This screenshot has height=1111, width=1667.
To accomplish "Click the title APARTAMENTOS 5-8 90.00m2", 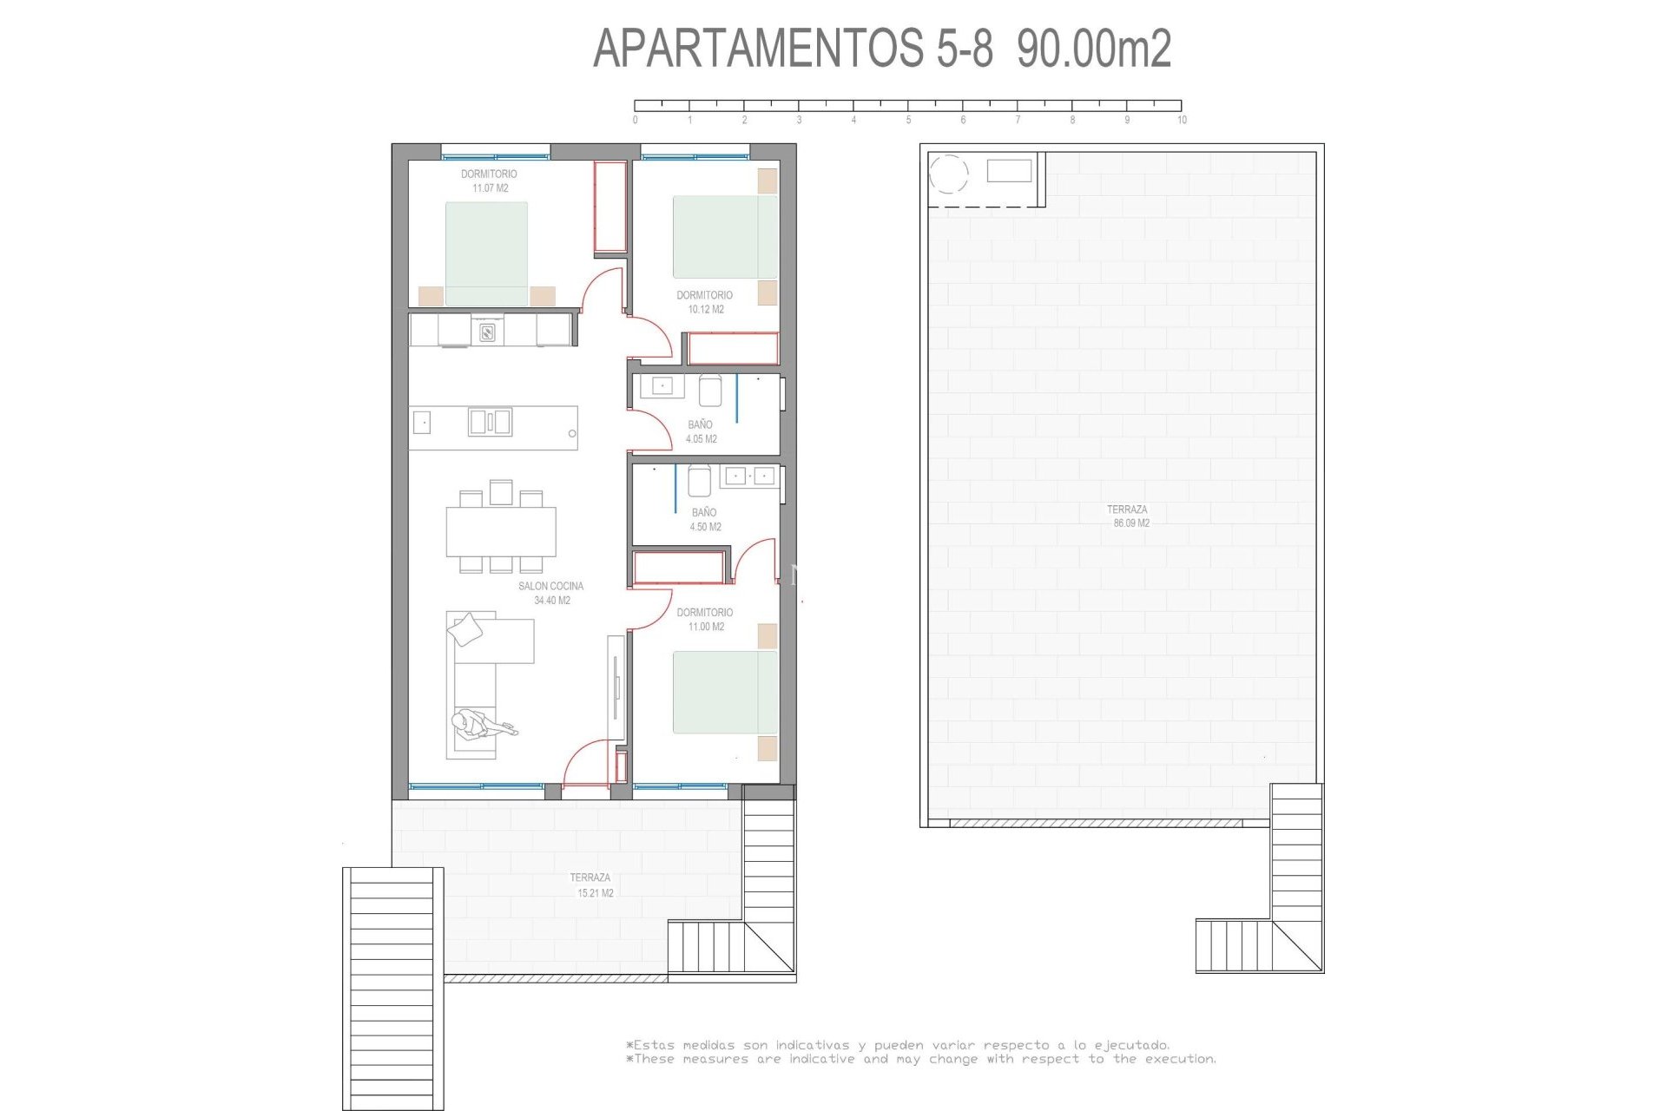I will point(881,48).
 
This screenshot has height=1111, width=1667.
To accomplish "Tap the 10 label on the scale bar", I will point(1182,121).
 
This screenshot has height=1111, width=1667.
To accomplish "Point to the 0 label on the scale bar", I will point(636,121).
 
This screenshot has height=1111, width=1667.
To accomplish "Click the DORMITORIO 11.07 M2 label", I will point(490,181).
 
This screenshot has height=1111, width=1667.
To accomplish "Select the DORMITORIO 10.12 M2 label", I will point(705,302).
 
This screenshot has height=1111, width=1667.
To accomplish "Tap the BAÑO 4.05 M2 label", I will point(701,431).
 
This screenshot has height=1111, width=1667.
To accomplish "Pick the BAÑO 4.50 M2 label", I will point(705,519).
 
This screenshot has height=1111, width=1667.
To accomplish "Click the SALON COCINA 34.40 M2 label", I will point(551,593).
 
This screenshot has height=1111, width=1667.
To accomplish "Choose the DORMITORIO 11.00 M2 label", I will point(705,619).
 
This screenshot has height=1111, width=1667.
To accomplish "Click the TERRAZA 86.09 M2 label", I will point(1128,516).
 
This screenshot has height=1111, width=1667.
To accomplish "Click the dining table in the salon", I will point(501,531).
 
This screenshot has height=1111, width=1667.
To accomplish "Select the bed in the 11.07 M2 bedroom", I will point(486,253).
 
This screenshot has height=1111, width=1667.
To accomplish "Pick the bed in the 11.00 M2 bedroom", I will point(725,692).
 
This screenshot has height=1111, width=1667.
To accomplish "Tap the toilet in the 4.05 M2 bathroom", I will point(710,391).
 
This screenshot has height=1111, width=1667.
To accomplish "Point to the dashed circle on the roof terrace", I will point(948,173).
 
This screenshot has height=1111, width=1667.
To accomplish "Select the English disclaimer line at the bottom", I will point(920,1060).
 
